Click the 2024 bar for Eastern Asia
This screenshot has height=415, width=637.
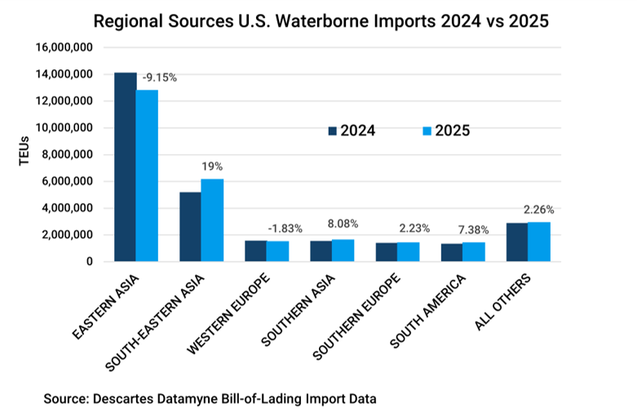[x=125, y=167]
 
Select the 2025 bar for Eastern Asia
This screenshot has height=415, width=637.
[x=147, y=175]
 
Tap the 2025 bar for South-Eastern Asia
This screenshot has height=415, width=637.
[x=212, y=220]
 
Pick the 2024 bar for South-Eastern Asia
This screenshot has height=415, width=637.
[x=190, y=227]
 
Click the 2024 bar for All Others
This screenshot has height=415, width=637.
[x=517, y=242]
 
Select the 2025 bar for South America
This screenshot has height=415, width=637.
[x=474, y=252]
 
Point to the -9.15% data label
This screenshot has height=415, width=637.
[x=159, y=78]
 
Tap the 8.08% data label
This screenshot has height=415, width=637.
[x=343, y=223]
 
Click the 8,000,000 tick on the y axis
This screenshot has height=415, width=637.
[x=68, y=155]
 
